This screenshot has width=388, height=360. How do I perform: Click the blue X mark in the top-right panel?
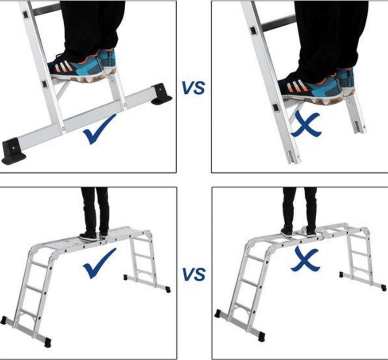(306, 125)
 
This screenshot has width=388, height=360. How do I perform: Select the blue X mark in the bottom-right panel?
(305, 260)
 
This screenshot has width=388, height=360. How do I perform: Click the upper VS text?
(194, 88)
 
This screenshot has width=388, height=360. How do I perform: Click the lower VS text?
(194, 274)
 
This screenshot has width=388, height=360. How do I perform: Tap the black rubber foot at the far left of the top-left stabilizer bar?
(13, 151)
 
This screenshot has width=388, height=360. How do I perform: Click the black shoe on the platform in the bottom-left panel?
(88, 237)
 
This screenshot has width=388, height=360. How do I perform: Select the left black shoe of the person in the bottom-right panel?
(287, 233)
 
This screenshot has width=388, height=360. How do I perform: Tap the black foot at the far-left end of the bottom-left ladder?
(4, 320)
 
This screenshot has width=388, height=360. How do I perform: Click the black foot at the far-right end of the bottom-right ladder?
(384, 287)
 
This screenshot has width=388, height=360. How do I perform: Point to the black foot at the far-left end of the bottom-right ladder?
(218, 313)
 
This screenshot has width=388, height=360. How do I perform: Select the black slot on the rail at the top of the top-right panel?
(253, 31)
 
